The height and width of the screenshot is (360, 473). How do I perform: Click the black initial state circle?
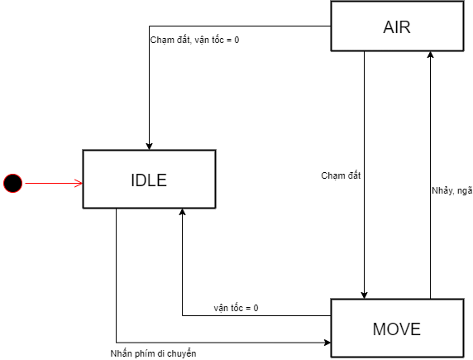click(12, 183)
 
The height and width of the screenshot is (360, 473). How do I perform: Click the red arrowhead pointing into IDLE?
click(79, 183)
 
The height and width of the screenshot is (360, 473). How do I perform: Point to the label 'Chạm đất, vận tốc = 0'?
click(194, 40)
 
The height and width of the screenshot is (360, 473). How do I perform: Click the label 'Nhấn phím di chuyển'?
click(153, 353)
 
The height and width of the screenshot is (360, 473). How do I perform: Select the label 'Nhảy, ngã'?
click(451, 191)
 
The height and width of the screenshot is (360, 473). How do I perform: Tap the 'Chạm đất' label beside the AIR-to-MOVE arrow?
click(341, 175)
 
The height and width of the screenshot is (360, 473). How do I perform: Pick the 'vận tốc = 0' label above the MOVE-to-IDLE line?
click(236, 308)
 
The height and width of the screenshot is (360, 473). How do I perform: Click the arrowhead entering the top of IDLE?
click(149, 146)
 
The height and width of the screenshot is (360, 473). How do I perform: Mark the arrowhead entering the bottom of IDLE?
click(182, 212)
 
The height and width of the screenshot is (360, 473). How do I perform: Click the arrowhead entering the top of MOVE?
click(364, 295)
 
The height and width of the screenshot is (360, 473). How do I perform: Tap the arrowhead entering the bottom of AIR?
click(431, 55)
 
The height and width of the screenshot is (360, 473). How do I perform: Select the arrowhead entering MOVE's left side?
click(327, 343)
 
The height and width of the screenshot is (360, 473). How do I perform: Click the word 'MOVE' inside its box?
click(397, 329)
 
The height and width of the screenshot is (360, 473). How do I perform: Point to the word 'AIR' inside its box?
click(397, 27)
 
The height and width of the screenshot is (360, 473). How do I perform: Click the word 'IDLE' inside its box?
click(149, 180)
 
